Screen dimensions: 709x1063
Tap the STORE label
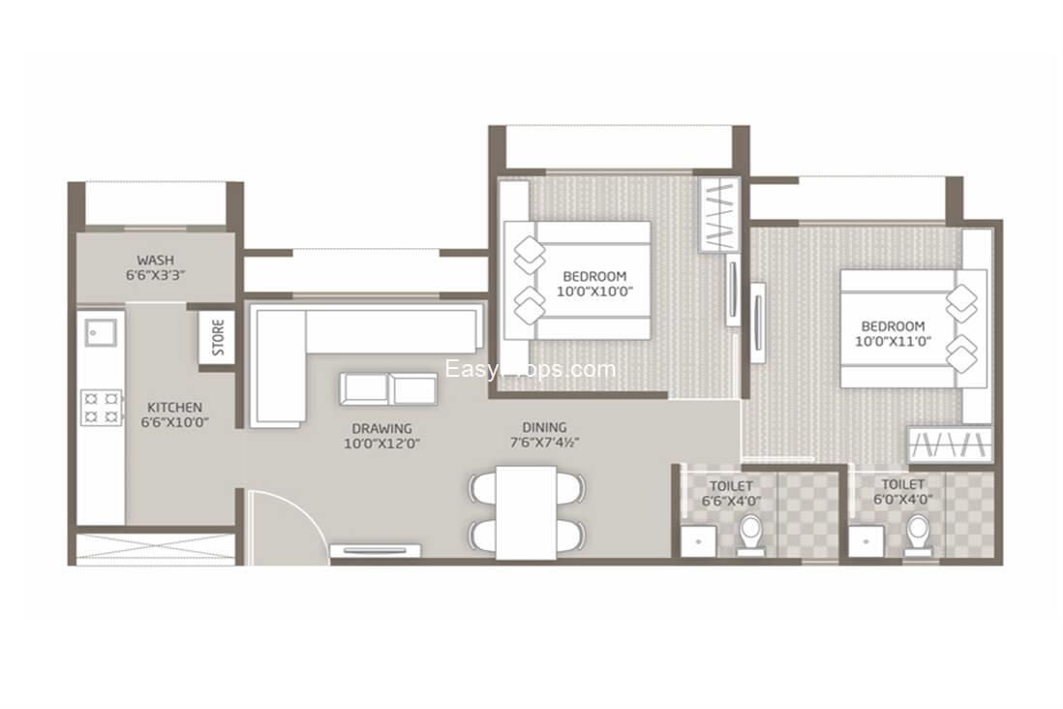[x=219, y=337]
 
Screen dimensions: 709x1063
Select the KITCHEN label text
[x=174, y=407]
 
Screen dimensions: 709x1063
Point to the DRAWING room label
[x=381, y=428]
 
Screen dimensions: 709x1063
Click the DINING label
[x=544, y=427]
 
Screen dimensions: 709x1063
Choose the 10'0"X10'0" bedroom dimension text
[x=594, y=291]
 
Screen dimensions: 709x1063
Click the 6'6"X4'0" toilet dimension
[x=730, y=501]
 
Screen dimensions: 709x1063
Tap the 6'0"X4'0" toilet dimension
[x=902, y=501]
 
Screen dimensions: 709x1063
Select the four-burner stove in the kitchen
[x=102, y=405]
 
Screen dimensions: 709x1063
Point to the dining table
[x=526, y=511]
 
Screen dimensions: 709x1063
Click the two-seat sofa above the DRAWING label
[x=388, y=388]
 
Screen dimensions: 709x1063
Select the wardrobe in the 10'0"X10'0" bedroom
[x=718, y=215]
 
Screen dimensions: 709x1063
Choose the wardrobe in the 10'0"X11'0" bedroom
[x=950, y=445]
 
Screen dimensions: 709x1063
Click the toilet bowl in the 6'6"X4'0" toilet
[x=751, y=533]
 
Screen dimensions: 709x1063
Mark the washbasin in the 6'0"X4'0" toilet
[x=866, y=541]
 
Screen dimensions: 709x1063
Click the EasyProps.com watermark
[x=530, y=369]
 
